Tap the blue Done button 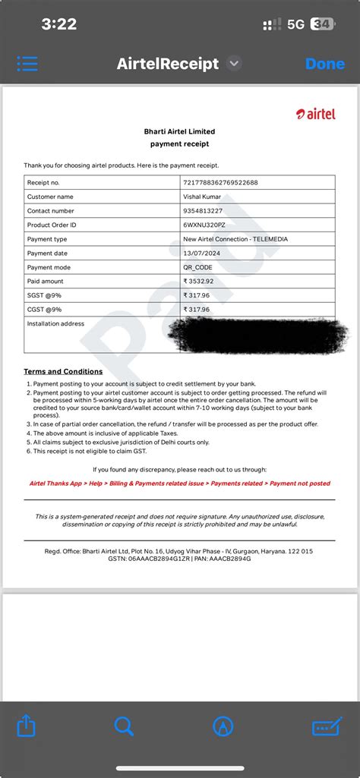324,64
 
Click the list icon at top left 27,64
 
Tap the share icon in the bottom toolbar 27,726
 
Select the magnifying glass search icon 124,726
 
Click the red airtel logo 315,114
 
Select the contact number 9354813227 203,211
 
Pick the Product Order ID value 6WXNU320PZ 204,225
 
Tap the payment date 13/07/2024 202,254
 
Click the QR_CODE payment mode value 199,268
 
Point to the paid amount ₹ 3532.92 198,282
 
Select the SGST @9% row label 44,296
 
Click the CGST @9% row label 44,310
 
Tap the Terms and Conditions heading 63,372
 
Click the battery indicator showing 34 321,24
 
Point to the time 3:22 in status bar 59,24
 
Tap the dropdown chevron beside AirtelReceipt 234,64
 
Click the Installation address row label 55,324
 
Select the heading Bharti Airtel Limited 179,132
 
